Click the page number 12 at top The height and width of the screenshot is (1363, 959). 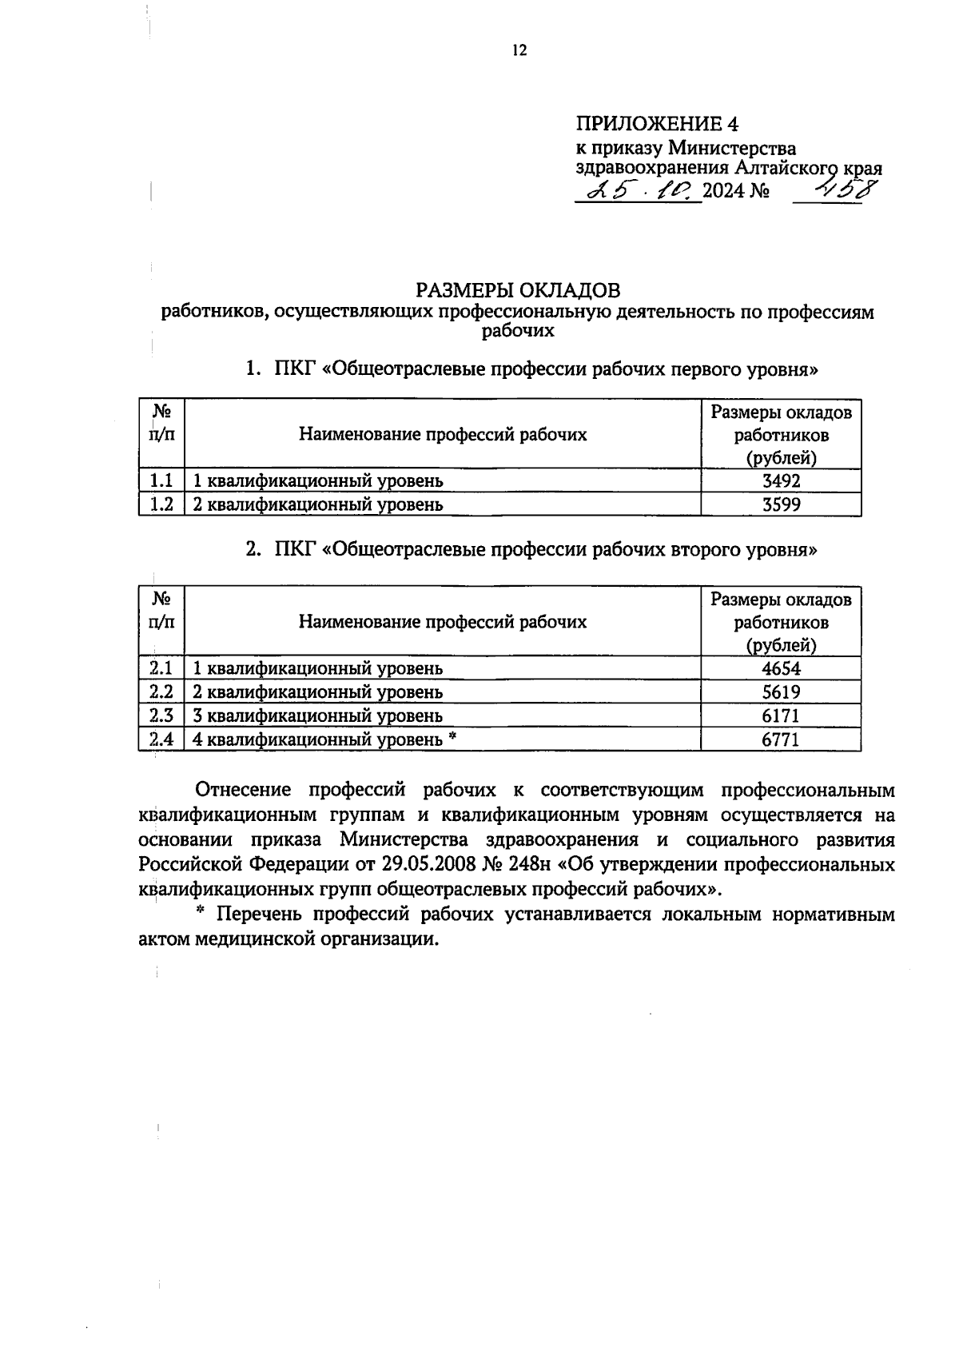[x=519, y=51]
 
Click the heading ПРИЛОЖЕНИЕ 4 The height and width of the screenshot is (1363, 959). [x=657, y=124]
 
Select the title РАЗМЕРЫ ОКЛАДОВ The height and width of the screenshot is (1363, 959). [x=518, y=289]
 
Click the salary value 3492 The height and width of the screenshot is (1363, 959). [x=781, y=480]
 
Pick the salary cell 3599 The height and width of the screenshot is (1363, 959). [x=781, y=504]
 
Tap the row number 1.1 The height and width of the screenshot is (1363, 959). [x=162, y=480]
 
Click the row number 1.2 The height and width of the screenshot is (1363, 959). [x=162, y=504]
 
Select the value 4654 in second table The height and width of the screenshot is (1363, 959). [x=781, y=668]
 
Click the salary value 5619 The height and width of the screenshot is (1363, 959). [x=781, y=692]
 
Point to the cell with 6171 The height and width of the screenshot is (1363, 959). [x=781, y=716]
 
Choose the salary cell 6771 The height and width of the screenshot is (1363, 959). [x=781, y=740]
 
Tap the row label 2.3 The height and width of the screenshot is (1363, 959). [x=162, y=716]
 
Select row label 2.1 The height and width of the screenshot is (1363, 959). [x=162, y=668]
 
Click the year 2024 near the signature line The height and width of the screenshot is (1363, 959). [x=723, y=191]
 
